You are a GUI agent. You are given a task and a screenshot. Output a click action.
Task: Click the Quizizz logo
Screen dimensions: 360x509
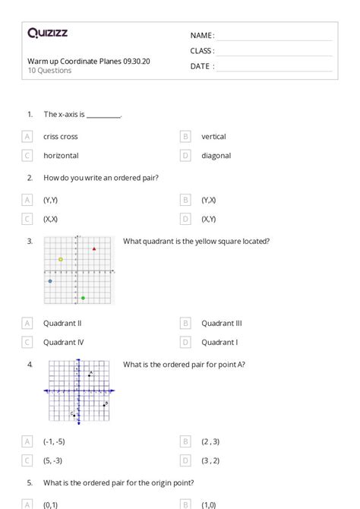47,33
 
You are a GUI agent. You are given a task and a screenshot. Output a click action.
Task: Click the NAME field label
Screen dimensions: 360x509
202,36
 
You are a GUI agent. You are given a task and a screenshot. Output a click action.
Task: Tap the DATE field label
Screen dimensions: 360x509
202,66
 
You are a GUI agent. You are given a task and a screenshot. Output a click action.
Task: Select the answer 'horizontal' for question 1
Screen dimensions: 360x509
61,156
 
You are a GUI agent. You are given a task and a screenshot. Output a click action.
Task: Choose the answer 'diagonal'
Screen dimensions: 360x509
216,156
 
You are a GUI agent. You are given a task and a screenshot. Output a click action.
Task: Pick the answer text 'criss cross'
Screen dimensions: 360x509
61,137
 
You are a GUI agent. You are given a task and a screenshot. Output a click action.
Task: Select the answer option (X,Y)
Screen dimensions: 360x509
209,219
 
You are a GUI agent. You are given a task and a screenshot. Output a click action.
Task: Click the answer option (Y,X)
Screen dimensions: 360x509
209,200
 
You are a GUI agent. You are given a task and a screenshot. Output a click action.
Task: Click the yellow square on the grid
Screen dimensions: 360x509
61,259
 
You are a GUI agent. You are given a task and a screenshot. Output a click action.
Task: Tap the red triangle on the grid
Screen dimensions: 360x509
94,249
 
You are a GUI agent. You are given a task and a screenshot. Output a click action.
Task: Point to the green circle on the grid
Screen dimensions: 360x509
83,297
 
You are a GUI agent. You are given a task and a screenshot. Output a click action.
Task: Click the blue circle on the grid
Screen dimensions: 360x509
50,281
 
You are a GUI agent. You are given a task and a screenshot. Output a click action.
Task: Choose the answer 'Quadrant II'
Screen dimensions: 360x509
62,323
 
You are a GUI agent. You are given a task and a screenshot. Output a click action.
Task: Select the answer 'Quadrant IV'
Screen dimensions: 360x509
63,342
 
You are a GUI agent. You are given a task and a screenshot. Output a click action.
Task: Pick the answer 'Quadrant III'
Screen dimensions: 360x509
221,323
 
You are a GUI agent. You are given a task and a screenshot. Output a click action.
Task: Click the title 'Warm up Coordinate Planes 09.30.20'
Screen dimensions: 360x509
88,61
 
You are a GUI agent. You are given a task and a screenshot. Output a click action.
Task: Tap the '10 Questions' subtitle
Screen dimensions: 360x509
50,71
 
